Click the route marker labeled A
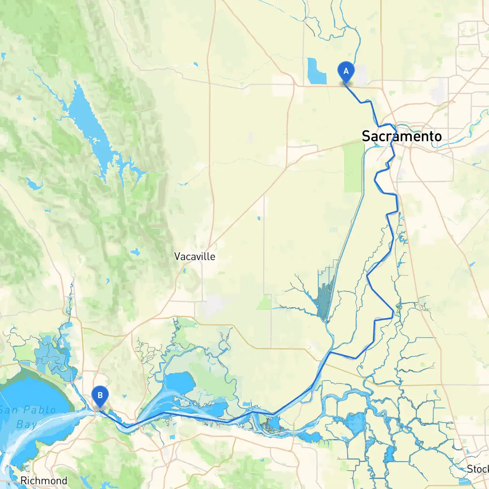pyautogui.click(x=346, y=72)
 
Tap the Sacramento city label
pyautogui.click(x=402, y=136)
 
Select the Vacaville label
pyautogui.click(x=194, y=256)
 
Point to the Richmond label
pyautogui.click(x=44, y=481)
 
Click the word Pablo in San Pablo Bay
pyautogui.click(x=40, y=410)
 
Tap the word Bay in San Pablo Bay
pyautogui.click(x=26, y=424)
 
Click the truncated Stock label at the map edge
pyautogui.click(x=478, y=469)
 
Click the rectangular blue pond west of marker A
pyautogui.click(x=316, y=71)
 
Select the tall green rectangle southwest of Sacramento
pyautogui.click(x=353, y=168)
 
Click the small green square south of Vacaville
pyautogui.click(x=264, y=304)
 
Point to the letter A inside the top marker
pyautogui.click(x=346, y=71)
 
